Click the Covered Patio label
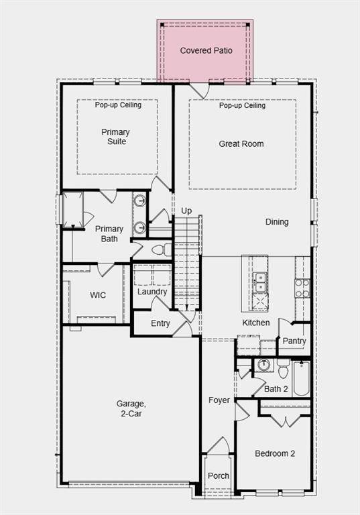point(206,50)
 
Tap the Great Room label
point(241,144)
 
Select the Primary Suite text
point(115,137)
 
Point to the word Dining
point(277,222)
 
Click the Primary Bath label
point(109,233)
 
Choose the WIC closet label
point(98,295)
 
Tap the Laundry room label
point(152,292)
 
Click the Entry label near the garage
point(160,324)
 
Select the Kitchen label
point(256,323)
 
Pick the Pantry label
point(294,341)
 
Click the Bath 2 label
point(276,389)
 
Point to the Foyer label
point(219,400)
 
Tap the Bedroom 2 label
point(275,453)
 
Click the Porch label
point(218,475)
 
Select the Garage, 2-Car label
point(129,408)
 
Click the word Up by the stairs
point(186,211)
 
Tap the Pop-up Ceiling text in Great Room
point(242,105)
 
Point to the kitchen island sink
point(259,282)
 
